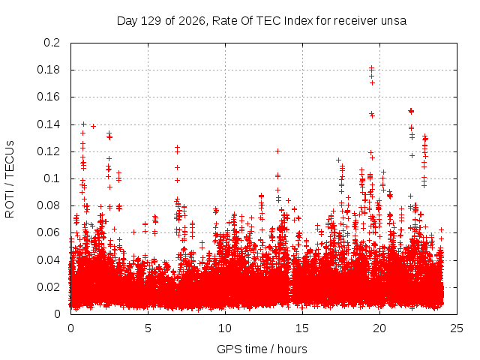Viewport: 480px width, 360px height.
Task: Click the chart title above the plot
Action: click(262, 21)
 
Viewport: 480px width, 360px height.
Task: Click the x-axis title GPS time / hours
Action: click(262, 349)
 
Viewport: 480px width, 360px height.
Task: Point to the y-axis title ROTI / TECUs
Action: click(10, 179)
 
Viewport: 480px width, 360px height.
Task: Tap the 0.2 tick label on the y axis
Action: click(52, 43)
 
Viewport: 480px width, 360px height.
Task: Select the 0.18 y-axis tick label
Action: click(48, 70)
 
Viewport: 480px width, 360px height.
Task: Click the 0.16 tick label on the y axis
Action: click(48, 97)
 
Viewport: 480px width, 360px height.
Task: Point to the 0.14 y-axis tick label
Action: click(48, 124)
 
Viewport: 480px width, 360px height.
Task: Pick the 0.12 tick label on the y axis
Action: click(48, 151)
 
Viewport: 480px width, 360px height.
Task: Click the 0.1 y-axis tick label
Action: click(52, 178)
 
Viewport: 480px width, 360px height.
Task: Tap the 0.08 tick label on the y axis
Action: click(48, 205)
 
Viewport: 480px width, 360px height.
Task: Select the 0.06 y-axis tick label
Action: click(48, 232)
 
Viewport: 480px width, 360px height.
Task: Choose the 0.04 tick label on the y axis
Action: click(48, 260)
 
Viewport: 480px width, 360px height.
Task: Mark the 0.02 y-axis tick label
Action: click(48, 287)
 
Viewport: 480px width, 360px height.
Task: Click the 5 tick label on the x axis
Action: click(148, 328)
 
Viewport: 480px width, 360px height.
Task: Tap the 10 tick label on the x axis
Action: click(225, 328)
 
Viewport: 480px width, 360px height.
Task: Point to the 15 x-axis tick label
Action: click(302, 328)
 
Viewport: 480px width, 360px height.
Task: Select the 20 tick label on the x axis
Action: click(379, 328)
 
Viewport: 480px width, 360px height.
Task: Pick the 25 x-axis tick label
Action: click(457, 328)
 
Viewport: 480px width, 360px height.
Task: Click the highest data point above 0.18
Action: click(372, 67)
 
